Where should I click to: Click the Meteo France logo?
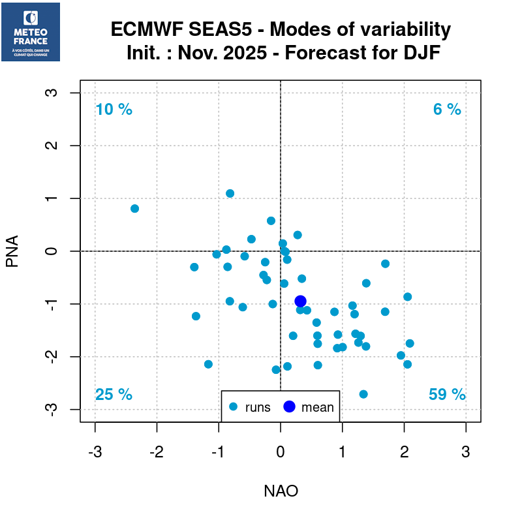click(x=31, y=32)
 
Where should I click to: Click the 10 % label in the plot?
click(x=114, y=110)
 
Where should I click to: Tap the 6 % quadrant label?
click(x=447, y=110)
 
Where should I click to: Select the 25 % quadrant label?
click(x=114, y=395)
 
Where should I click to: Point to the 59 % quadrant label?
click(x=447, y=395)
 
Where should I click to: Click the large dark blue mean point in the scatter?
click(x=300, y=301)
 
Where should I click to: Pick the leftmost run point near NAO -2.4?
click(x=134, y=209)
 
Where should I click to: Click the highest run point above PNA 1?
click(x=230, y=193)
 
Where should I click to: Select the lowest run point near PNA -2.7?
click(x=363, y=394)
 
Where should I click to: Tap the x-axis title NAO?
click(x=281, y=491)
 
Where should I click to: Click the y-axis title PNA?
click(x=12, y=251)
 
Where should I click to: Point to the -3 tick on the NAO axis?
click(x=95, y=451)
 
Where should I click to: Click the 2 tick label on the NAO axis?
click(x=404, y=451)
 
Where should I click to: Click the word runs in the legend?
click(x=258, y=408)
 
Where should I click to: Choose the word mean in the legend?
click(x=317, y=408)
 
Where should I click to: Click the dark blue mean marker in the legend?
click(x=290, y=407)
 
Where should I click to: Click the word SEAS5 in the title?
click(x=234, y=30)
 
